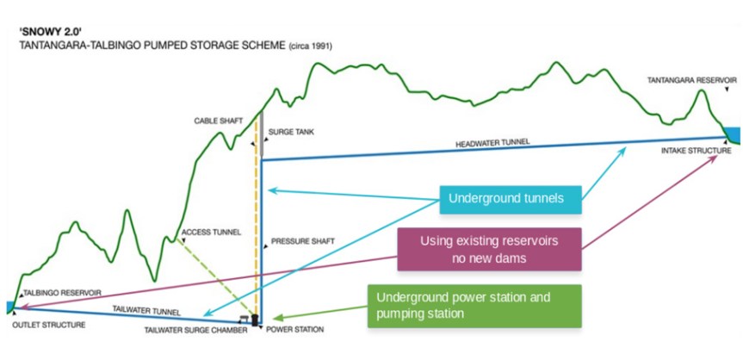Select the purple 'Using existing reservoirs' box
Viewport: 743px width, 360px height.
click(x=489, y=249)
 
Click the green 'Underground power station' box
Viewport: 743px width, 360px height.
click(x=474, y=306)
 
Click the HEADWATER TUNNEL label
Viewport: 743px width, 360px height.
click(x=492, y=143)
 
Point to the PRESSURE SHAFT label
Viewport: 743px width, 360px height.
click(x=303, y=241)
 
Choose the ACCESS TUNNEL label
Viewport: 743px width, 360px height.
click(x=211, y=233)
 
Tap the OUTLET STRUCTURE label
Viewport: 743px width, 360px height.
click(x=50, y=326)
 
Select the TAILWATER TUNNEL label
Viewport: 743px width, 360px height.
click(x=146, y=311)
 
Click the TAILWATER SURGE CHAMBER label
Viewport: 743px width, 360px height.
click(x=196, y=331)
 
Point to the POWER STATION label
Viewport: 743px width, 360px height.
click(x=294, y=330)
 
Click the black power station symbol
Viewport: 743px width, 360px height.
click(x=256, y=320)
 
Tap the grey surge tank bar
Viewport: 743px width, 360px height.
click(x=261, y=133)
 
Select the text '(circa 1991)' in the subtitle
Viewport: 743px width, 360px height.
click(x=310, y=47)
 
